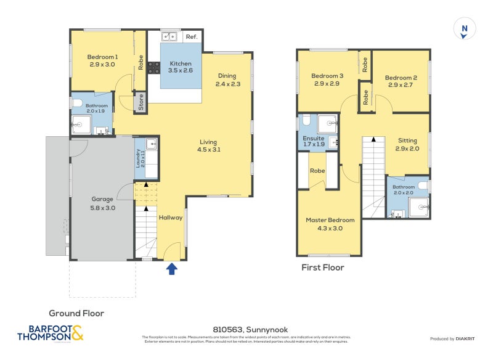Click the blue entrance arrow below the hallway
(172, 268)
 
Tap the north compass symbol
(464, 30)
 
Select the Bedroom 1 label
(102, 60)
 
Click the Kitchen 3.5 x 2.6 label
(181, 67)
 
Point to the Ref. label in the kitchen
(191, 37)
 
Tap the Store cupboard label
(141, 102)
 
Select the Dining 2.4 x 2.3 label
(227, 80)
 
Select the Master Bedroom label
(330, 224)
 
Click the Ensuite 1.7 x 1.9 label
(313, 142)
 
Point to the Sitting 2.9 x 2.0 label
(407, 144)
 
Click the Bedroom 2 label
(401, 81)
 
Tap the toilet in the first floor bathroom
(422, 185)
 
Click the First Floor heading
(322, 268)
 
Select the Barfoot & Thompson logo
(50, 333)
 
